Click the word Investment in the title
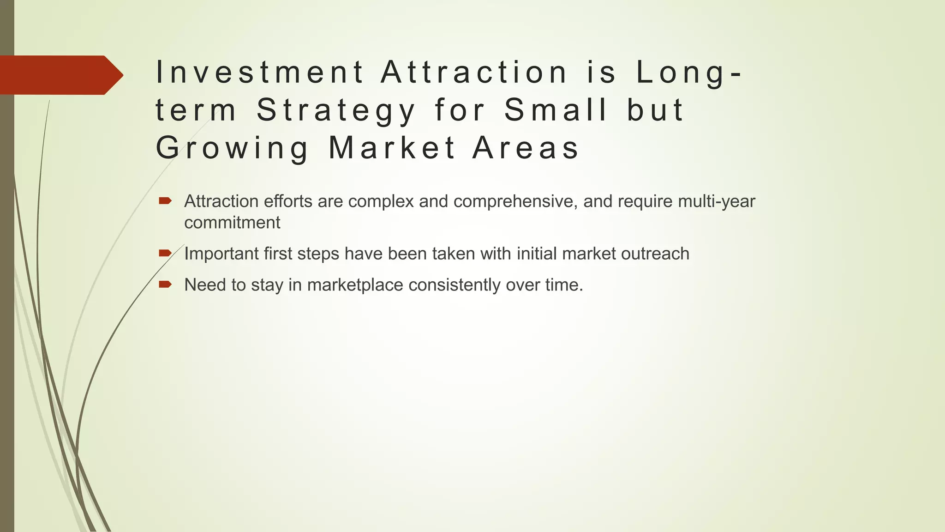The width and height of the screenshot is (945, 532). pos(260,73)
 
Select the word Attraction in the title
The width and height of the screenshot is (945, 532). pos(474,73)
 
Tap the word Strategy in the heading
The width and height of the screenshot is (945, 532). pos(336,111)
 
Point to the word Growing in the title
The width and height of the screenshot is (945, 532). pos(232,148)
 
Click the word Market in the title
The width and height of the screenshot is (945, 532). pos(392,148)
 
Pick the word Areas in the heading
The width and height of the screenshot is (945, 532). pos(526,148)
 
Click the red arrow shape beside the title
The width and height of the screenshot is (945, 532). pos(60,75)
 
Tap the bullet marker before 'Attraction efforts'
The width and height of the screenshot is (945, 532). pos(165,201)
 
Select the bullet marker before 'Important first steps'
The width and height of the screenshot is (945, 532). pos(165,253)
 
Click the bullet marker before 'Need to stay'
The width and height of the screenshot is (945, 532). pos(165,284)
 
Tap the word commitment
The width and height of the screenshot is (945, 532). pos(232,223)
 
